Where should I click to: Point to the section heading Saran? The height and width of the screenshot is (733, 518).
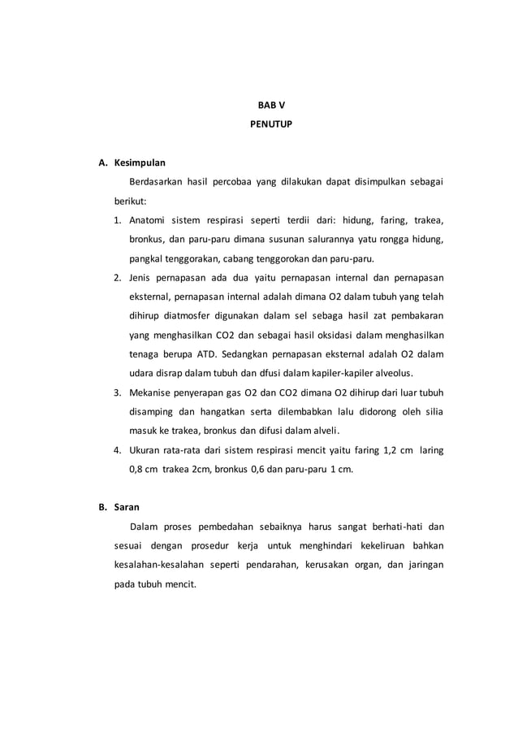click(x=127, y=507)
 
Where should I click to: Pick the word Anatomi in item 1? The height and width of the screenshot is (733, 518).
click(x=148, y=220)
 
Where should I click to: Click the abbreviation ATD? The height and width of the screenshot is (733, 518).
click(x=206, y=354)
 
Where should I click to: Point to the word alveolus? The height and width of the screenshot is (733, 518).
click(x=391, y=374)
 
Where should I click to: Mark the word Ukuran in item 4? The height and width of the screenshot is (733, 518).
click(x=145, y=450)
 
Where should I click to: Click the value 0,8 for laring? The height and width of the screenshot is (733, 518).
click(x=137, y=470)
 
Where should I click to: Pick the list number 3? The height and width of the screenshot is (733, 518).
click(x=118, y=393)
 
